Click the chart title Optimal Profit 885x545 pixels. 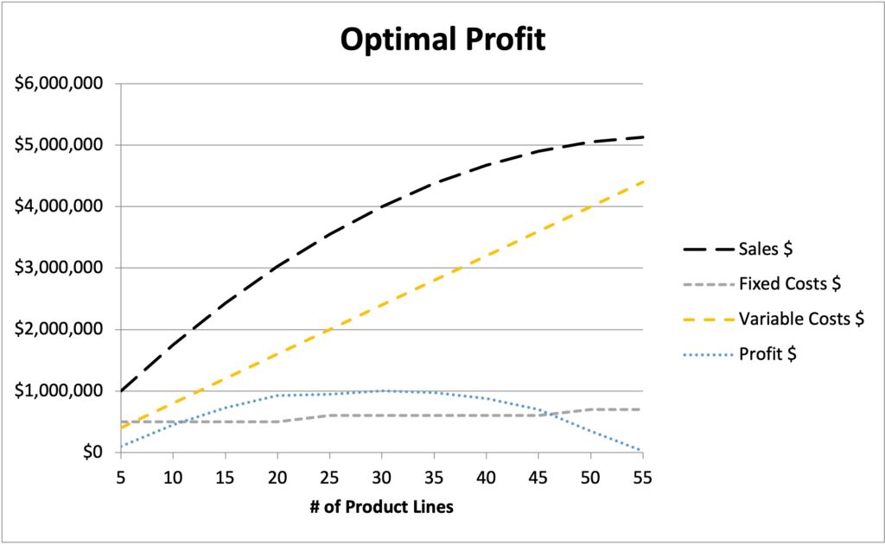point(442,40)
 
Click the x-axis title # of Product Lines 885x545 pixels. point(381,507)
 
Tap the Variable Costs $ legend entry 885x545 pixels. point(801,318)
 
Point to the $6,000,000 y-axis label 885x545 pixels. point(59,84)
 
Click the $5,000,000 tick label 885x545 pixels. point(59,145)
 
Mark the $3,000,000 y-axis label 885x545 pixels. point(59,268)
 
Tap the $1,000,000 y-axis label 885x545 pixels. point(59,391)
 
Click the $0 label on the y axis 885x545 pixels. point(91,453)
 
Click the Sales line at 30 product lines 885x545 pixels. point(381,206)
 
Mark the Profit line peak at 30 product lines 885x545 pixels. point(381,391)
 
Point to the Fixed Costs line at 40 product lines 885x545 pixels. point(486,415)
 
